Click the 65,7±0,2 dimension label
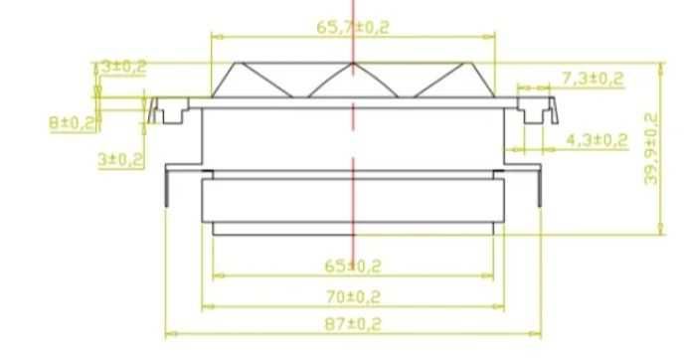353,27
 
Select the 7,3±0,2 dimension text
593,79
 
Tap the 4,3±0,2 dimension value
597,140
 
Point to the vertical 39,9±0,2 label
651,149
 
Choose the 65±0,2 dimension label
353,266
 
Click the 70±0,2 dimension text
353,297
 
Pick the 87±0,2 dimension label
353,324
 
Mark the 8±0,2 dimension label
72,123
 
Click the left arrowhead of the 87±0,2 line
171,334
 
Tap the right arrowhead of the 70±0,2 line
499,306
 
